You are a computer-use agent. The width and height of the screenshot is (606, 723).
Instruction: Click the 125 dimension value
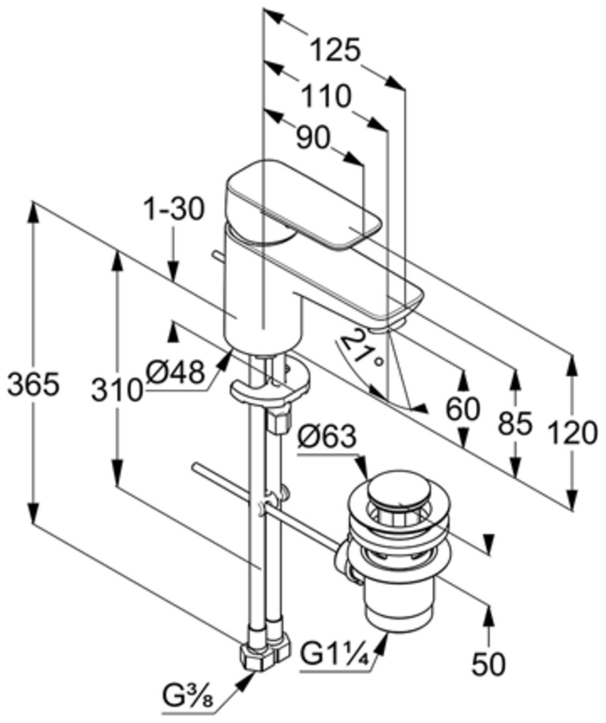(x=335, y=51)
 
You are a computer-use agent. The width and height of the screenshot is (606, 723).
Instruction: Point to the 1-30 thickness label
(x=174, y=209)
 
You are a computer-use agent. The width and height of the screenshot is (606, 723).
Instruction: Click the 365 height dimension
(x=33, y=384)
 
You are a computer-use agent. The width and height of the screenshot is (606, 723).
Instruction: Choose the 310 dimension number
(x=117, y=390)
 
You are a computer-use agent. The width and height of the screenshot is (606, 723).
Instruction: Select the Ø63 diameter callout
(x=326, y=437)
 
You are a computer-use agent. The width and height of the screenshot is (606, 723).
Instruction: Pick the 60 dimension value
(x=463, y=409)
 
